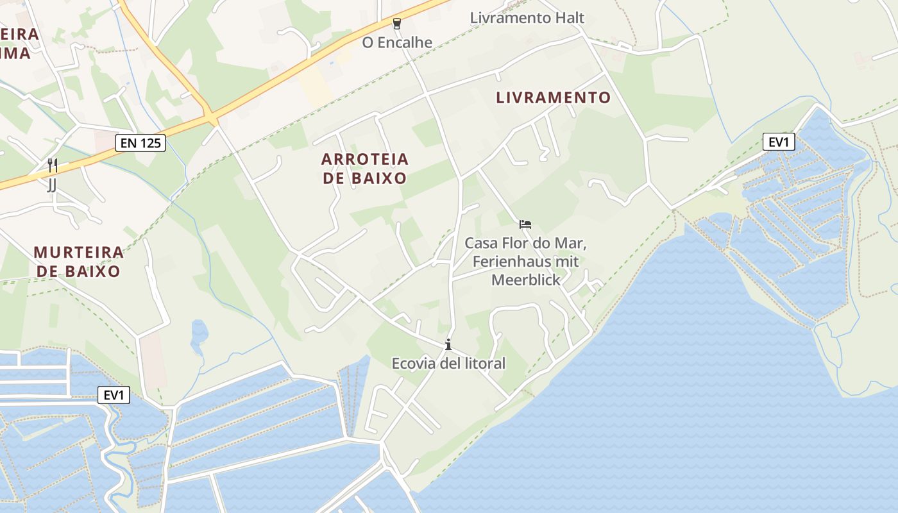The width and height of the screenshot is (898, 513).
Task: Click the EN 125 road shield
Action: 140,143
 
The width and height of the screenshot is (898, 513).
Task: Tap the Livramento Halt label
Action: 527,18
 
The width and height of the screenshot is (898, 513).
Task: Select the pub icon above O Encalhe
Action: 397,24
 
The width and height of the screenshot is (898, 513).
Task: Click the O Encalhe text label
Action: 397,43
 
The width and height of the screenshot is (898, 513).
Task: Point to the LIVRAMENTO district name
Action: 553,97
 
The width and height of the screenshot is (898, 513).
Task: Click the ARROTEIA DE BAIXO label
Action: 364,168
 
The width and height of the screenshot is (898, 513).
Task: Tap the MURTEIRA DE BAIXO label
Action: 78,261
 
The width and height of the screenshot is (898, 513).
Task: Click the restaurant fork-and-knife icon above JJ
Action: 53,165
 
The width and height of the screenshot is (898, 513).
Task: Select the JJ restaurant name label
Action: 52,185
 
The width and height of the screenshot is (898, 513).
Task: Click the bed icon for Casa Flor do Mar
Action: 525,224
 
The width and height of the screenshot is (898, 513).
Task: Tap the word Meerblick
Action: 525,280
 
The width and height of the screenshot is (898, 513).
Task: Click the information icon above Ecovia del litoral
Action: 448,345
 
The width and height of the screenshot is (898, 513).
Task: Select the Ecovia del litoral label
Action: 448,364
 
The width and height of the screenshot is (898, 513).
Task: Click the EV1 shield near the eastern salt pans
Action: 778,142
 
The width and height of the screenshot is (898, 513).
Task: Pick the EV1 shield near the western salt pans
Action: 114,396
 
